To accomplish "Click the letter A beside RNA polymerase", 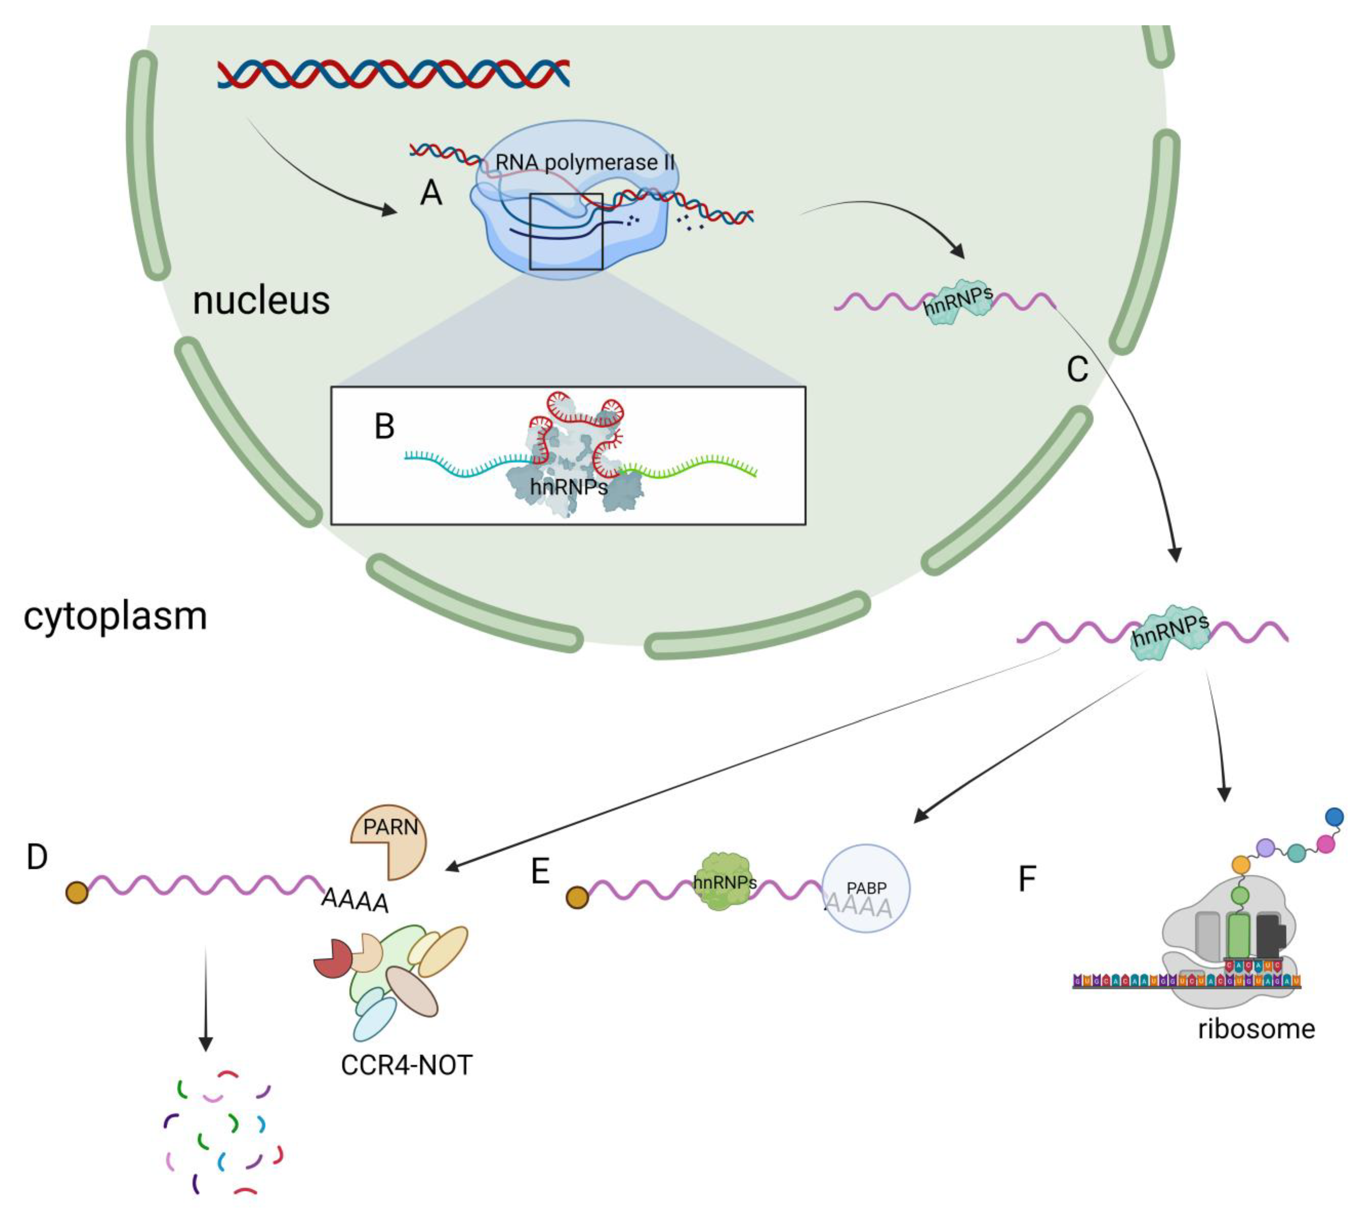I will tap(431, 194).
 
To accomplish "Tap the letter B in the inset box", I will tap(384, 427).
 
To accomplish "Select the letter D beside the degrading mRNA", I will tap(37, 857).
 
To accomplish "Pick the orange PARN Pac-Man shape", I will tap(387, 840).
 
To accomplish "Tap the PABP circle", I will tap(866, 888).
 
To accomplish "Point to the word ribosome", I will tap(1256, 1029).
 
